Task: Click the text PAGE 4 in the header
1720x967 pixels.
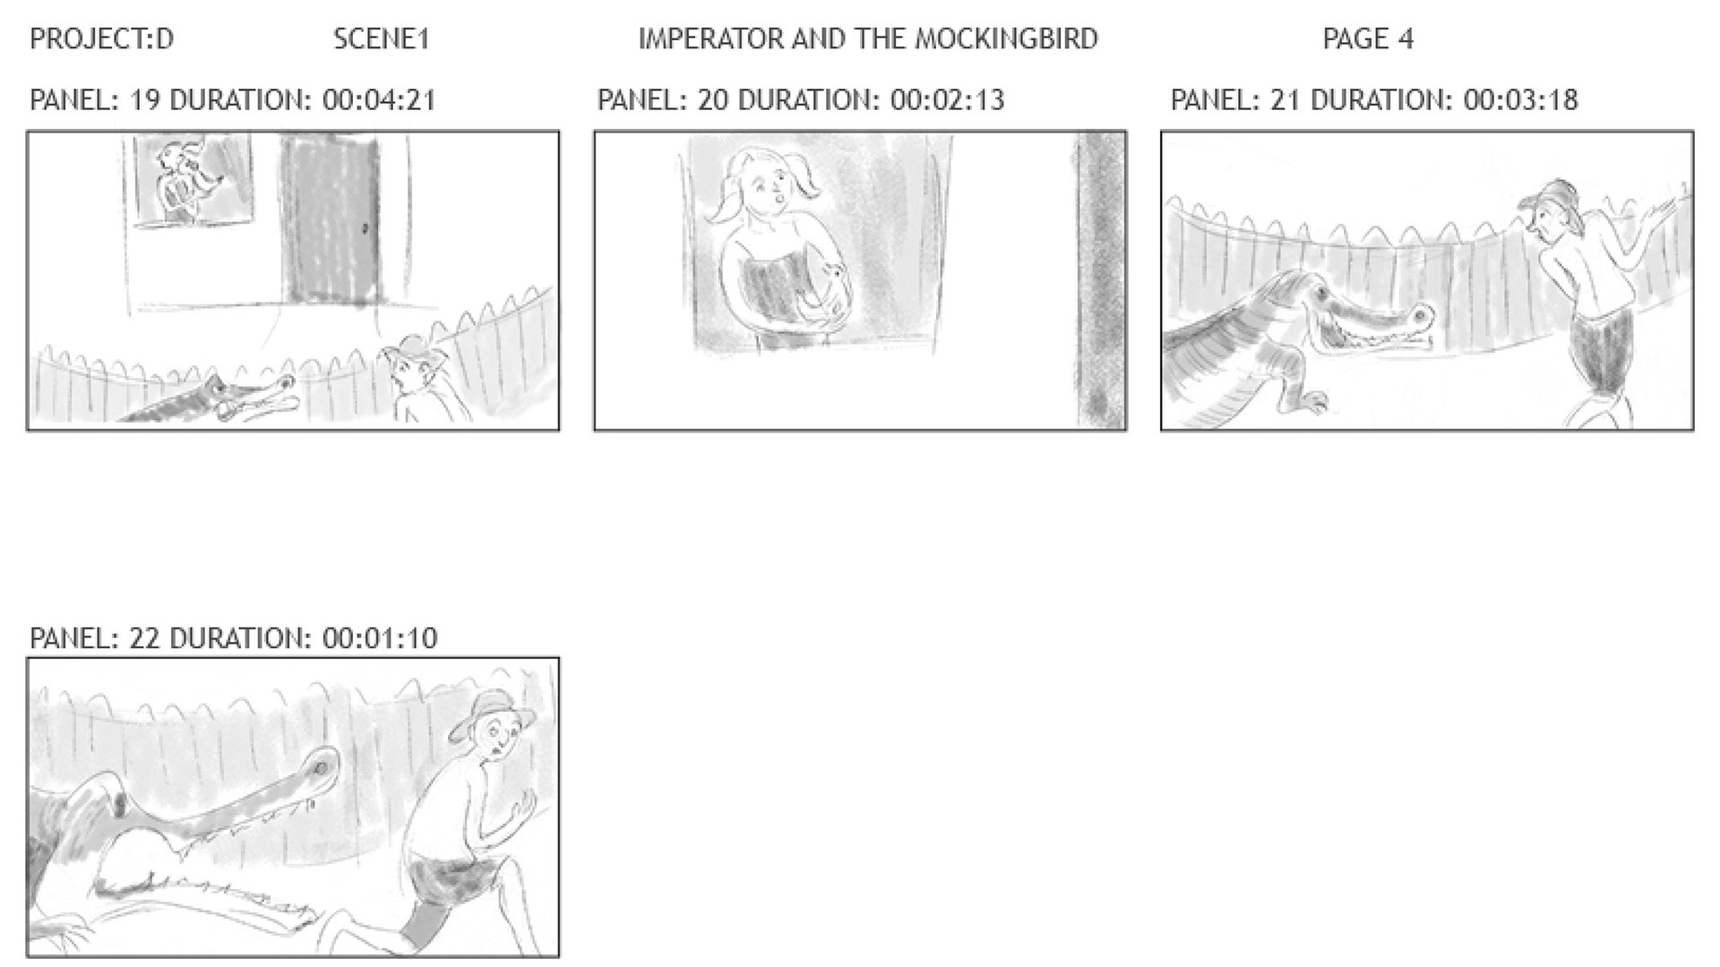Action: click(1368, 39)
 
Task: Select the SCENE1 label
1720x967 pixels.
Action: click(382, 39)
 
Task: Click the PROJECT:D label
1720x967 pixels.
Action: click(101, 39)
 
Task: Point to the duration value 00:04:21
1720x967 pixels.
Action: click(379, 99)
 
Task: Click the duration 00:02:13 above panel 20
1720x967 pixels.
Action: click(947, 99)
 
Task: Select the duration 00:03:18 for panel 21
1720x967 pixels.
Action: click(1520, 99)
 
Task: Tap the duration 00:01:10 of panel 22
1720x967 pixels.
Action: click(380, 638)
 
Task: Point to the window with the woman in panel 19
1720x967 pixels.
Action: click(193, 179)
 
